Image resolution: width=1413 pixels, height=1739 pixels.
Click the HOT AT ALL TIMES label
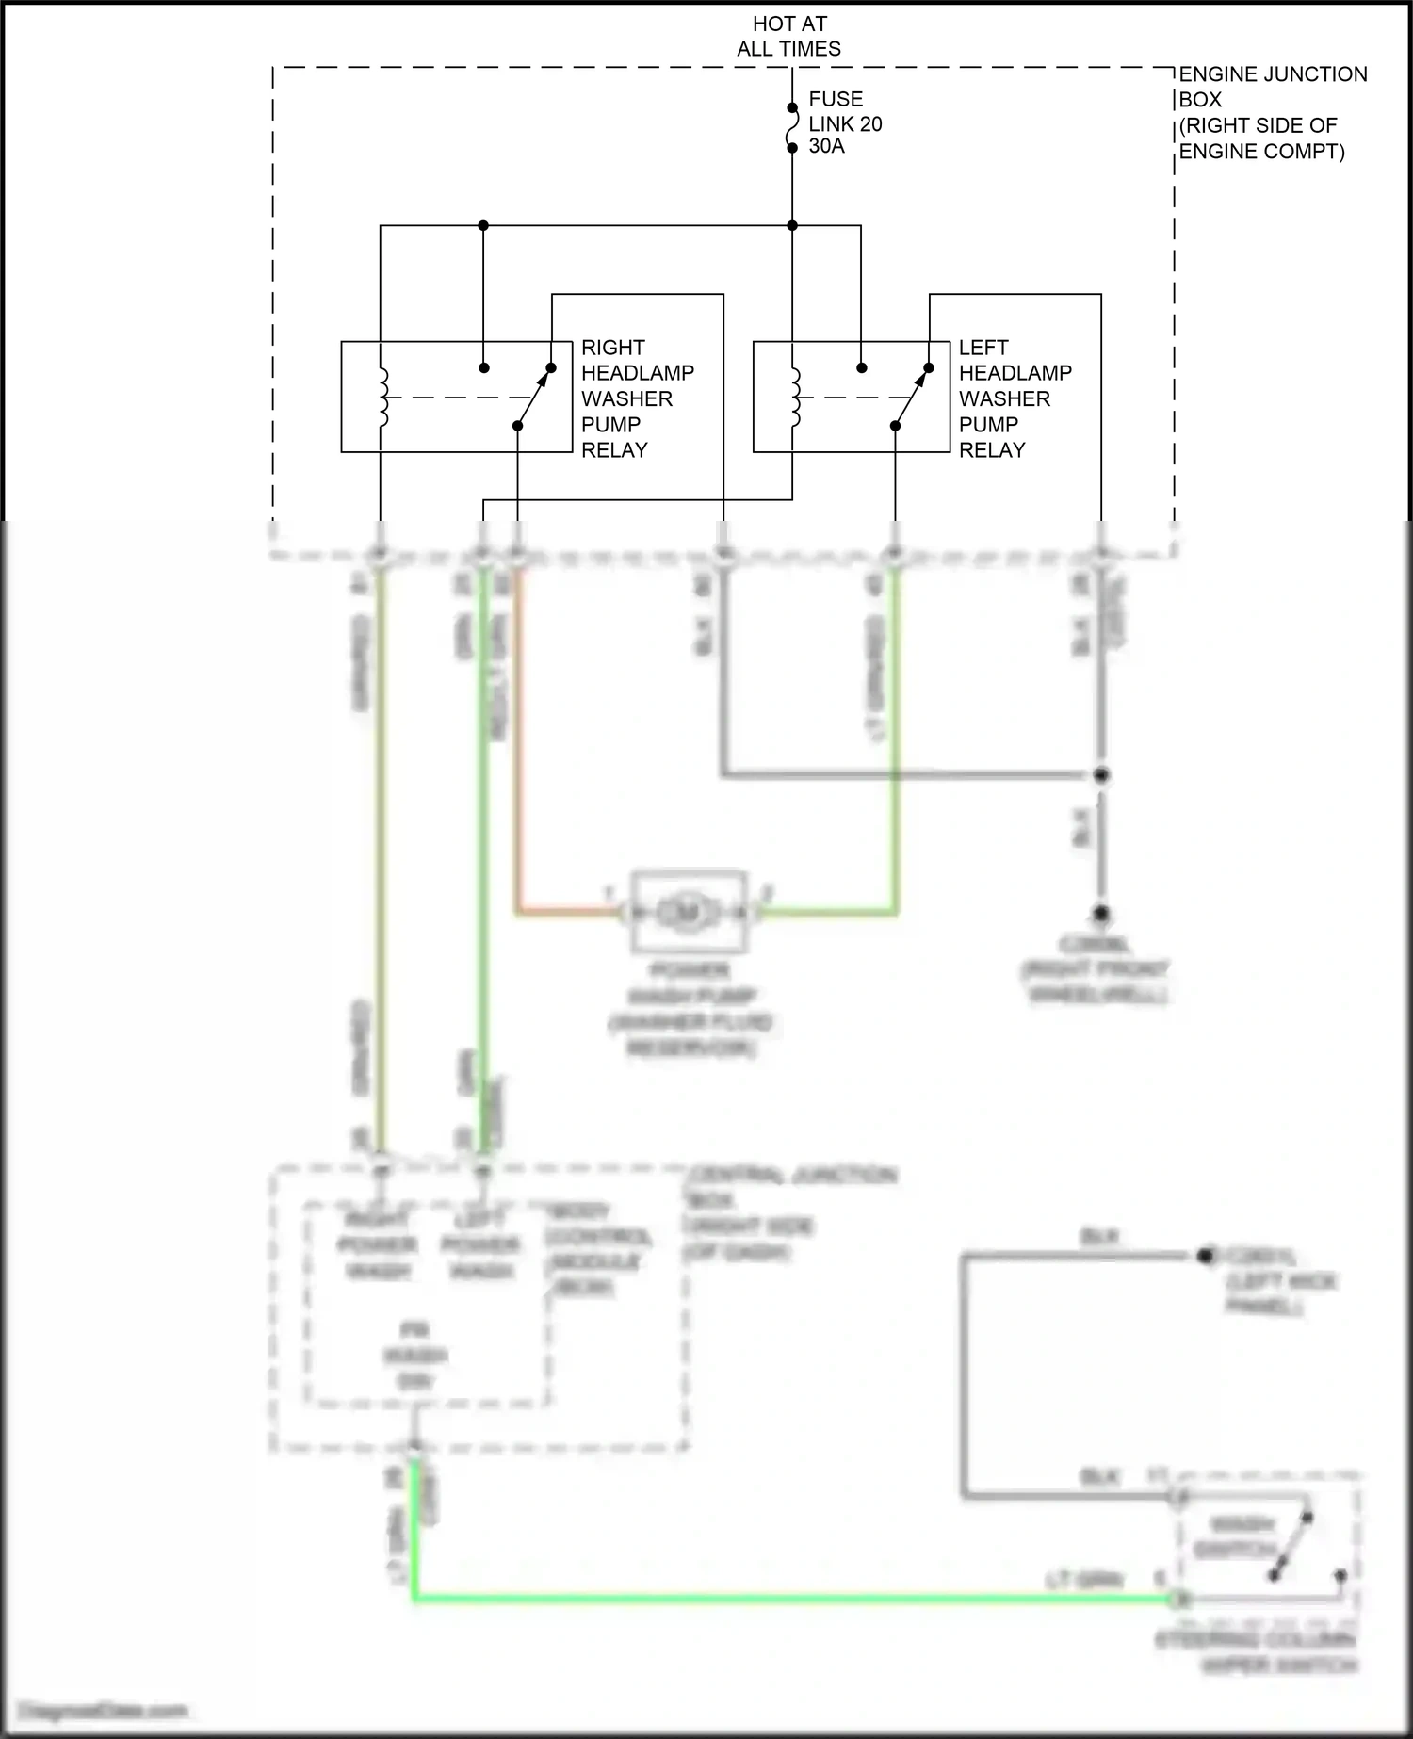tap(789, 37)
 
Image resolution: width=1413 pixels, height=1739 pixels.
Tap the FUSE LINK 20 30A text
tap(844, 122)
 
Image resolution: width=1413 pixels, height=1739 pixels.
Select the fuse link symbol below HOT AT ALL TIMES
tap(792, 127)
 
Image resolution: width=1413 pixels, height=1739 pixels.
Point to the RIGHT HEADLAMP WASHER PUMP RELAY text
tap(636, 398)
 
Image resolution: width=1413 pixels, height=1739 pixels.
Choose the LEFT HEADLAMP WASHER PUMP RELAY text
tap(1014, 398)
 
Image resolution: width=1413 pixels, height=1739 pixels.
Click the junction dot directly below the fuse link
tap(792, 225)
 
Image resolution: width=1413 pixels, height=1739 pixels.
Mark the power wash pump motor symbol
tap(688, 912)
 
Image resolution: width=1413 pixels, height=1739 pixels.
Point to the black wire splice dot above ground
tap(1100, 775)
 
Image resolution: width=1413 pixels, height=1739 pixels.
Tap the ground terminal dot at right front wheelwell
tap(1100, 914)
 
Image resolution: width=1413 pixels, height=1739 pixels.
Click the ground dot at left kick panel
tap(1205, 1256)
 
